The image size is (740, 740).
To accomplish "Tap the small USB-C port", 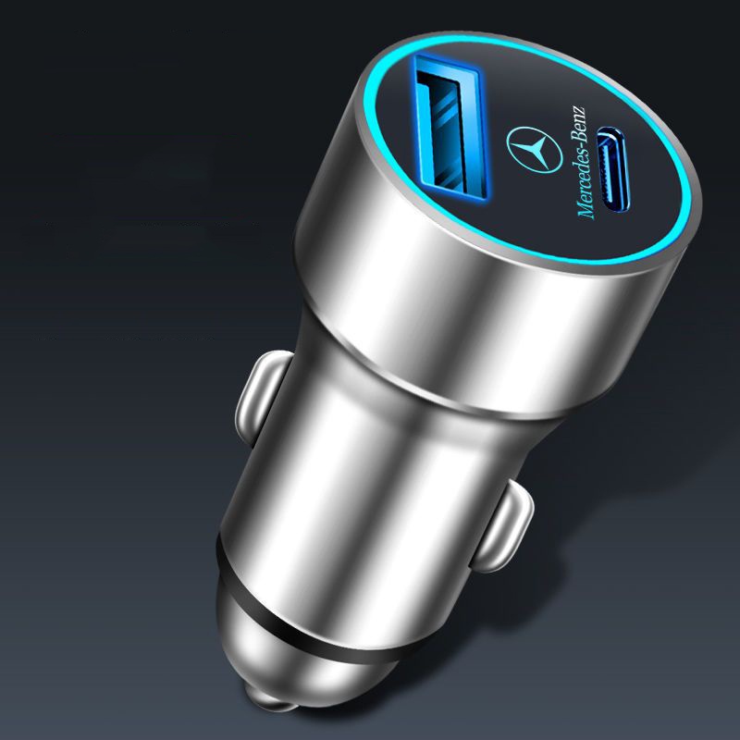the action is [612, 169].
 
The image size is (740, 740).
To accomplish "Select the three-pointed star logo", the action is [535, 150].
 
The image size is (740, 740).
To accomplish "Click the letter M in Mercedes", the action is [586, 211].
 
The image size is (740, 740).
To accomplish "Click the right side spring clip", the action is [500, 527].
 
